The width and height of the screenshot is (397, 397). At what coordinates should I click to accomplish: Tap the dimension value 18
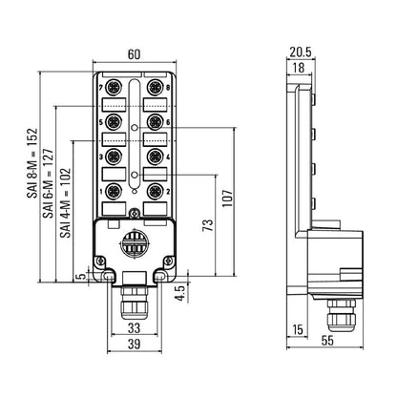[300, 68]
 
